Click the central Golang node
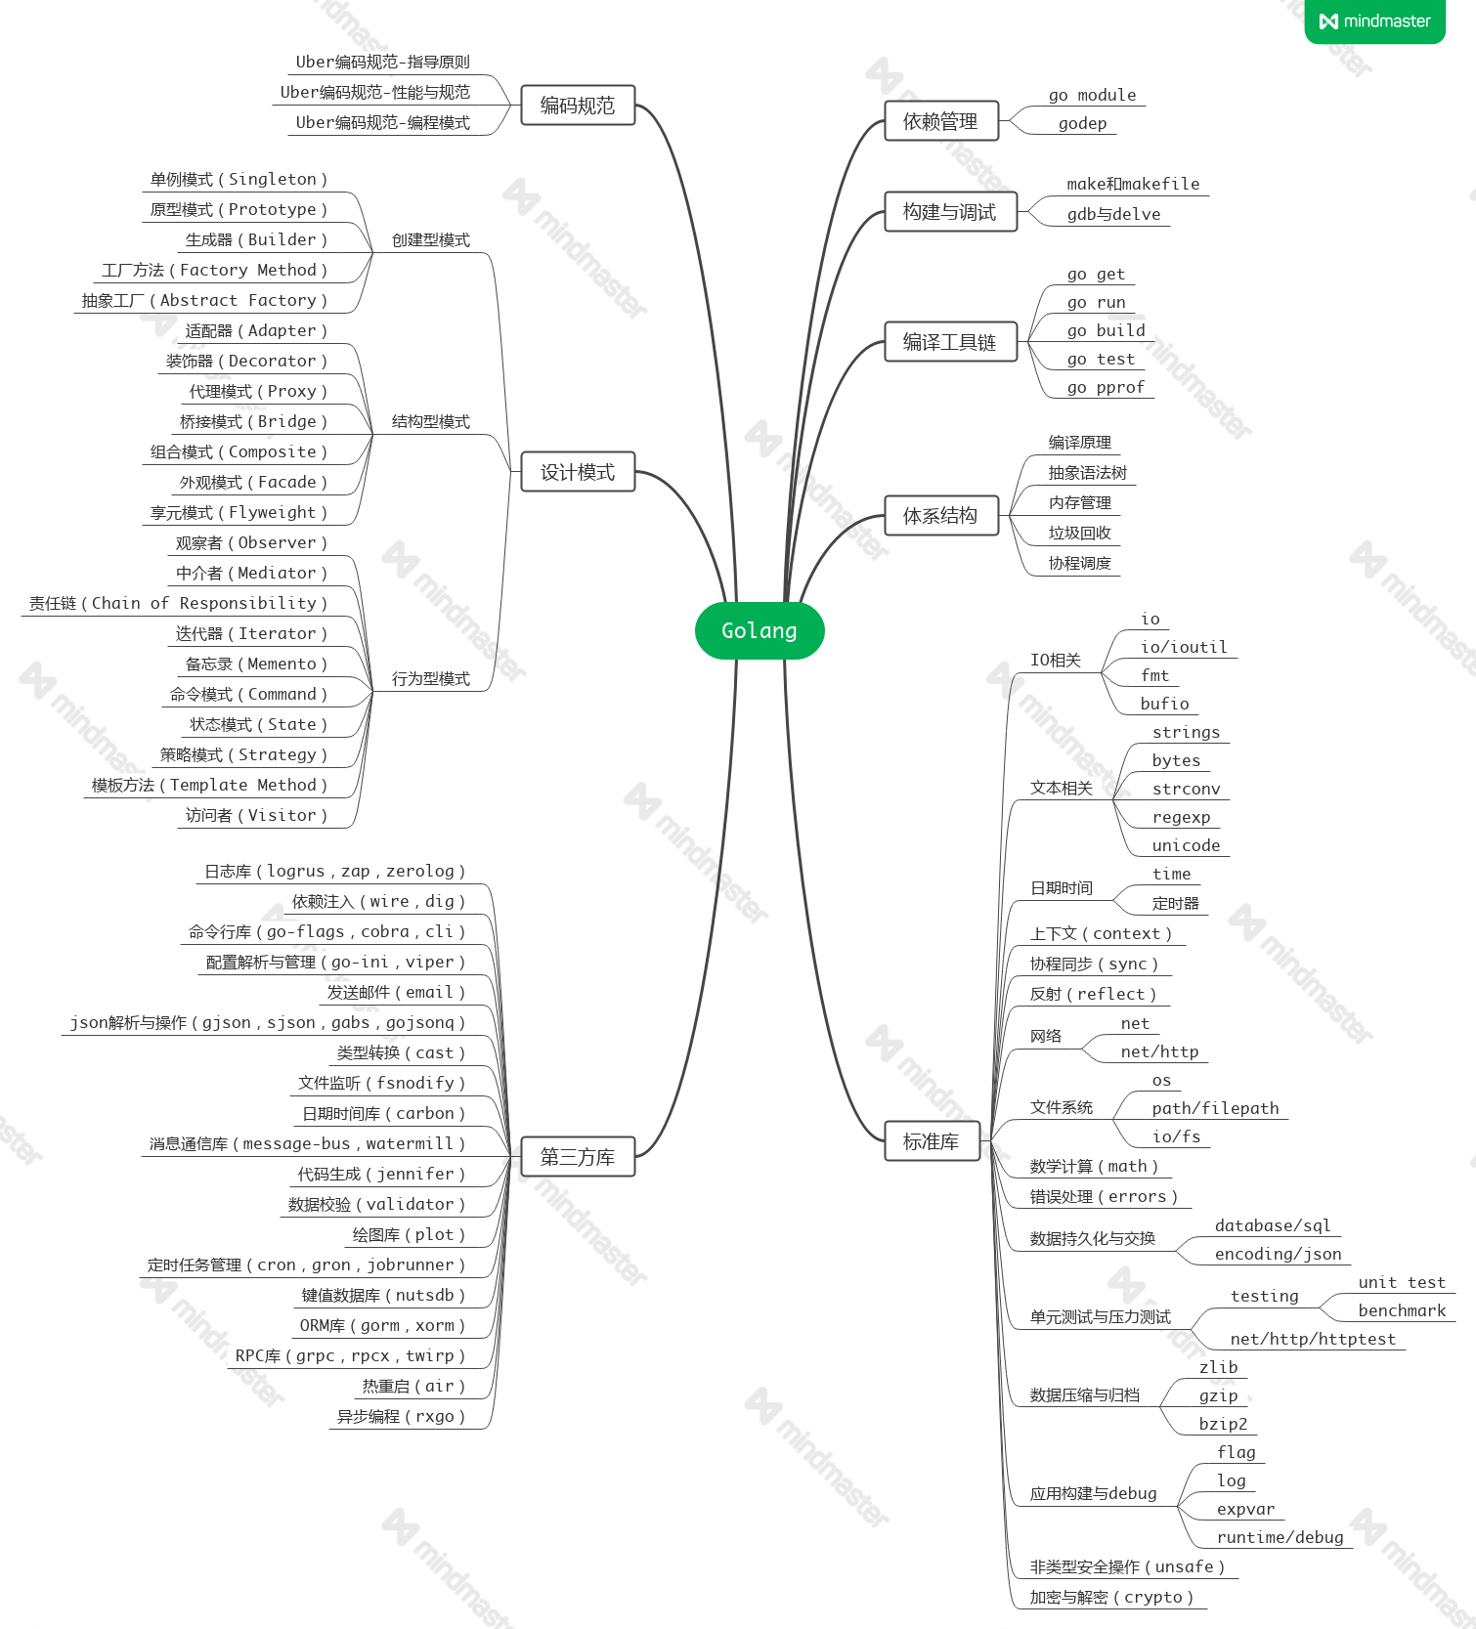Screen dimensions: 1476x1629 click(x=760, y=631)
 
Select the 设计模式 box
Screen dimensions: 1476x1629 click(x=578, y=472)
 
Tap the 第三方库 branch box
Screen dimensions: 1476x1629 click(x=578, y=1157)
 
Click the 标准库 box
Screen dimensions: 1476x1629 click(x=932, y=1141)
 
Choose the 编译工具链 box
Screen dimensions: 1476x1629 click(x=950, y=342)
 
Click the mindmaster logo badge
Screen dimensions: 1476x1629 click(x=1374, y=21)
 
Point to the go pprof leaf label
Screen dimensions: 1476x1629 click(x=1106, y=388)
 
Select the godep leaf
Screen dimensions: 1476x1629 click(x=1083, y=124)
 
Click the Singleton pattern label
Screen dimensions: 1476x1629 click(x=239, y=180)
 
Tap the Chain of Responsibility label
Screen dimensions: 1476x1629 click(x=179, y=604)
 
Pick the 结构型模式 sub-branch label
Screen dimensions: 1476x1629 click(x=431, y=422)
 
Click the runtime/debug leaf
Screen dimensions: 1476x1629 click(x=1281, y=1538)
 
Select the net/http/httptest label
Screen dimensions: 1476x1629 click(x=1313, y=1340)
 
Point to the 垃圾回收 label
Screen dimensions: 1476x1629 click(x=1080, y=534)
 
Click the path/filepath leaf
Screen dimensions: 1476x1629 click(x=1215, y=1109)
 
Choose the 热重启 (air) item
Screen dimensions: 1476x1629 click(x=413, y=1387)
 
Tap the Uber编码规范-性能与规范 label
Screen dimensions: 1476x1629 click(x=375, y=93)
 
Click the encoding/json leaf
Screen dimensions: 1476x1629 click(x=1279, y=1255)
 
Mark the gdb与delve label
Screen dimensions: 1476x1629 click(x=1113, y=215)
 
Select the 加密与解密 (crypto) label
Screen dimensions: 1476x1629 click(x=1111, y=1598)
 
